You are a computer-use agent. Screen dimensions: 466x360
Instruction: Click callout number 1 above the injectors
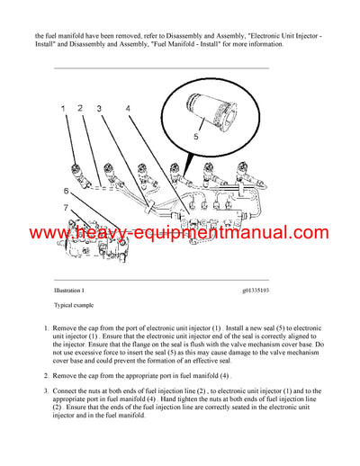[64, 109]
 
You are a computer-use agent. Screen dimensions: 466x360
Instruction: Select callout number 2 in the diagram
[80, 109]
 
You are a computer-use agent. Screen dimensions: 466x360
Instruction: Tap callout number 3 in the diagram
[99, 109]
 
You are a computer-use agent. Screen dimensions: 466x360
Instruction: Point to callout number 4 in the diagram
[128, 109]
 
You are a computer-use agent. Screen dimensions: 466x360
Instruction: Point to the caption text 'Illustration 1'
[69, 291]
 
